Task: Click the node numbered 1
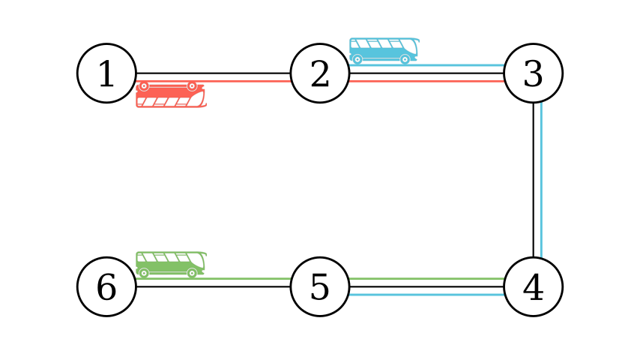106,73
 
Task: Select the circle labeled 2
320,73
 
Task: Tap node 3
533,73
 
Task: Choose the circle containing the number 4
533,286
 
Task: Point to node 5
320,286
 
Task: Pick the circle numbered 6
106,286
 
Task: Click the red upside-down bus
170,95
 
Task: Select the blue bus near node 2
383,51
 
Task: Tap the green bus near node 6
170,264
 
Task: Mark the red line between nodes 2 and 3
426,80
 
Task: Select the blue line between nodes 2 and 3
457,66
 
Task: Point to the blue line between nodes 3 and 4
540,180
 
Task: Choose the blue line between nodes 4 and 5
426,294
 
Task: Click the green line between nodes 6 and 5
247,279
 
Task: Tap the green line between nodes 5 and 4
426,279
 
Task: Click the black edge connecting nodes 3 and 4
533,180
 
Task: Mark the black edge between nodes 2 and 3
426,73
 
